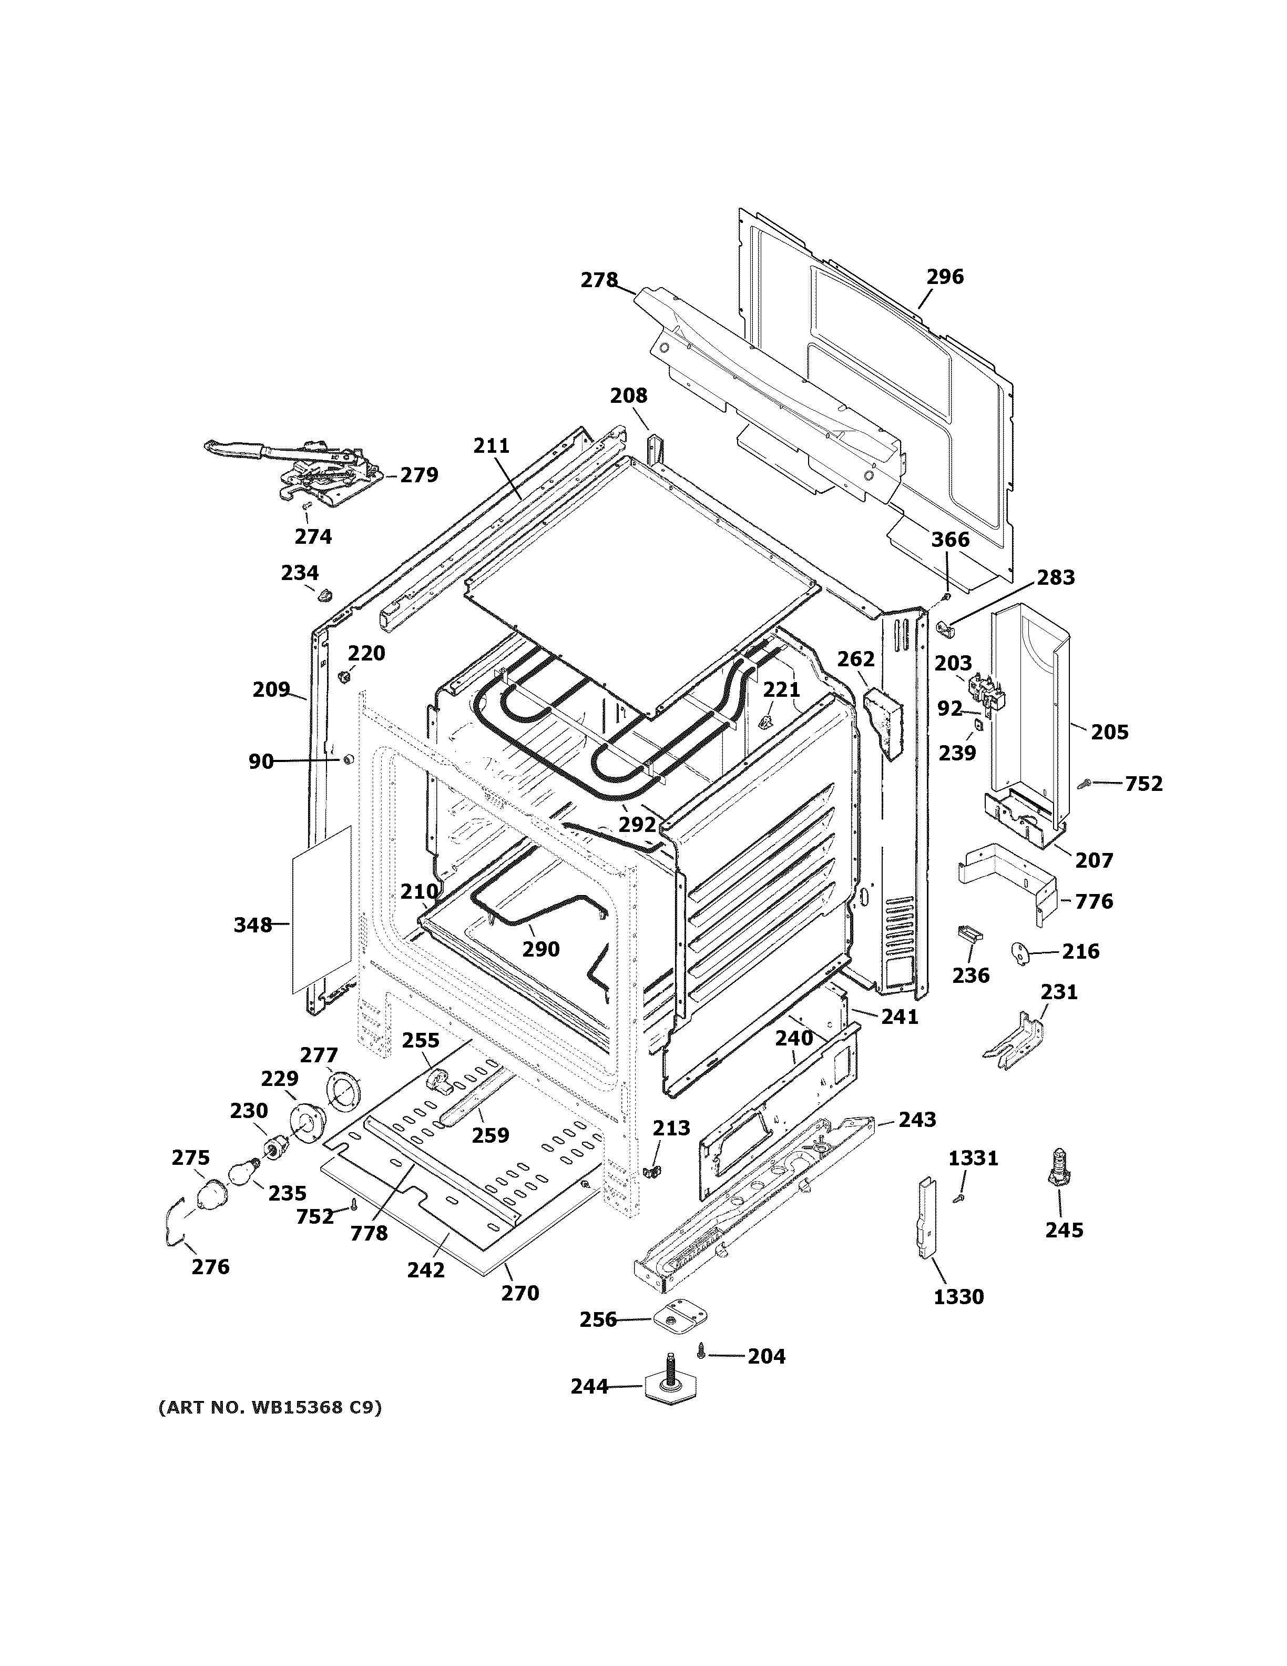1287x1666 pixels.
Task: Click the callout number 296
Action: pos(945,277)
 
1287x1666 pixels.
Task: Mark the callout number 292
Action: pos(637,824)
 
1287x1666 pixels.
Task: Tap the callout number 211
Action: pos(491,445)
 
